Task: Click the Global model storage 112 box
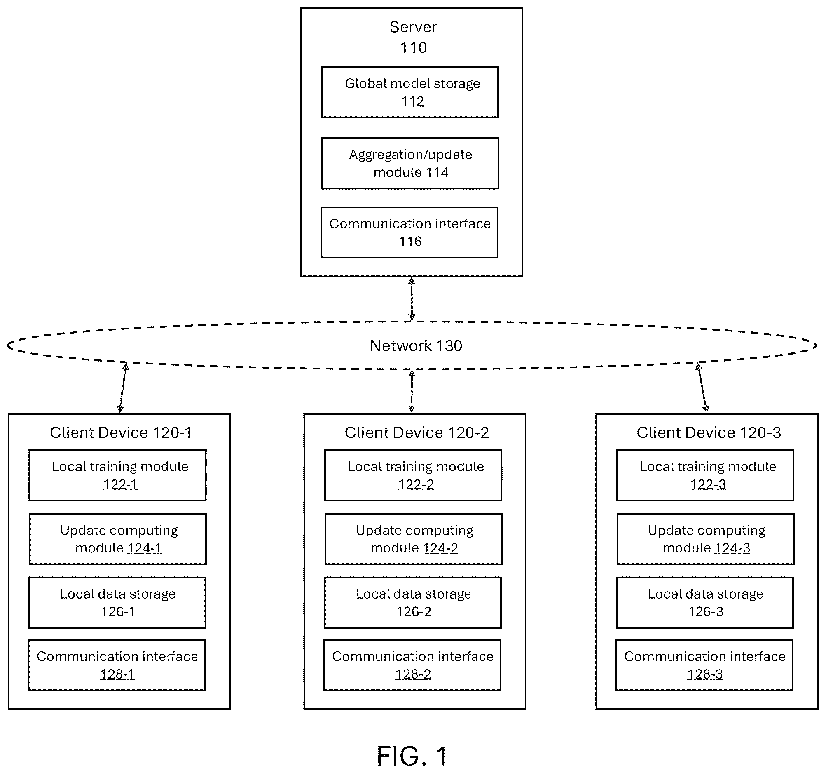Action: (x=409, y=92)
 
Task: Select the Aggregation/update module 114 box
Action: (x=410, y=163)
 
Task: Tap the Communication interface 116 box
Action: (x=409, y=233)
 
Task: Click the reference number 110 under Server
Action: (x=414, y=48)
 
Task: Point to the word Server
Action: (x=413, y=27)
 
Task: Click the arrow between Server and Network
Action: (x=411, y=299)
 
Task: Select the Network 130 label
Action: (x=416, y=345)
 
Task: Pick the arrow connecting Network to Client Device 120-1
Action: (x=123, y=388)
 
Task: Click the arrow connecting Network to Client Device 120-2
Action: (x=411, y=391)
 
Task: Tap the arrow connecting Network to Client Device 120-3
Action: (x=702, y=388)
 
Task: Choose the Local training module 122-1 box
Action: (x=117, y=475)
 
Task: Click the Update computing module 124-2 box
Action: (x=414, y=539)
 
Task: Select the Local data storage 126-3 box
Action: (x=705, y=602)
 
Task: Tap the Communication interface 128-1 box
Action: (x=117, y=665)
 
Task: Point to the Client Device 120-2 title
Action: (x=417, y=433)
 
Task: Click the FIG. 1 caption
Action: (x=412, y=756)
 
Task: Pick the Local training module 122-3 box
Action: (x=705, y=475)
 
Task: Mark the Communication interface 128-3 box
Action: (x=704, y=665)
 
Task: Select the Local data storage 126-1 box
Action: (x=117, y=602)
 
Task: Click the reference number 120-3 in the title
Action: (x=760, y=433)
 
